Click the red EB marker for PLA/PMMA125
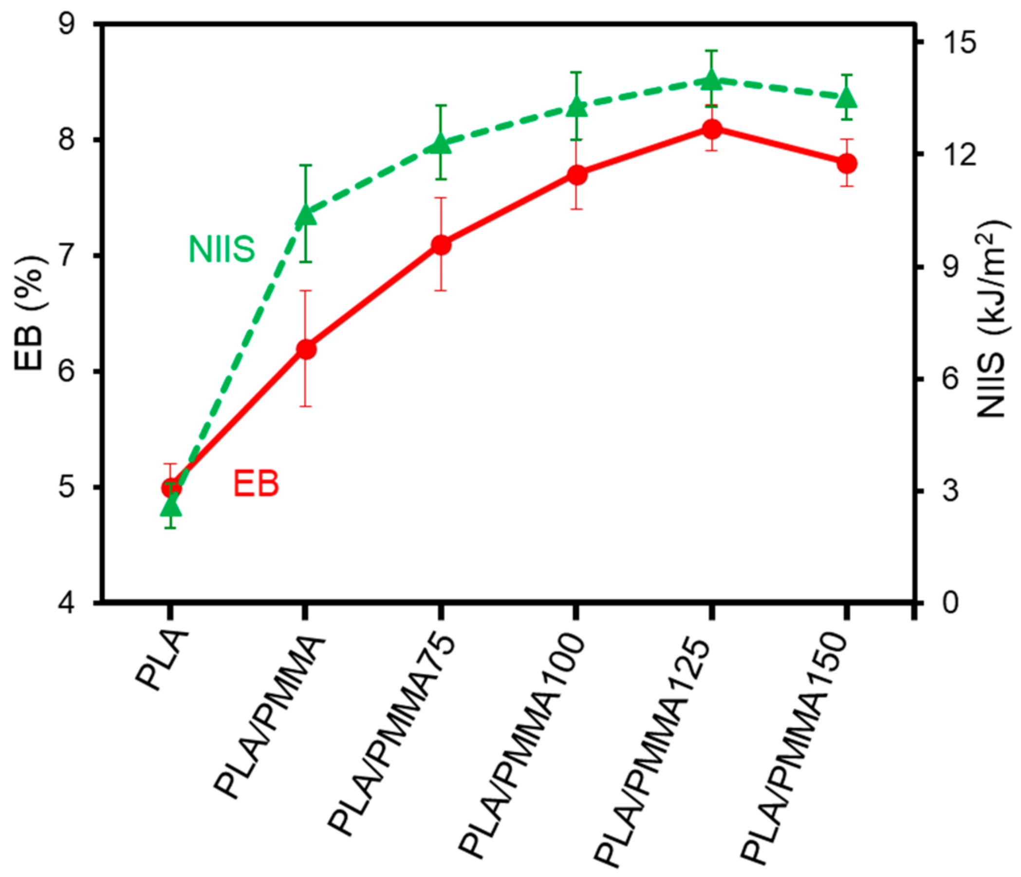(x=712, y=129)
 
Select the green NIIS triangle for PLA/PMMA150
(x=847, y=97)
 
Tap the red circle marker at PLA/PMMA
(x=305, y=349)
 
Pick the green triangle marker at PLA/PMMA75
(x=441, y=144)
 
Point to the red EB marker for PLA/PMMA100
(x=577, y=175)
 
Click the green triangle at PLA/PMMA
(x=305, y=215)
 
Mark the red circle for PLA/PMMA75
(x=441, y=245)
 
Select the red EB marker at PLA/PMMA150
(x=847, y=163)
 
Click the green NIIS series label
(x=222, y=249)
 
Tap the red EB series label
(x=256, y=484)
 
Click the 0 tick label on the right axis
(x=948, y=603)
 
